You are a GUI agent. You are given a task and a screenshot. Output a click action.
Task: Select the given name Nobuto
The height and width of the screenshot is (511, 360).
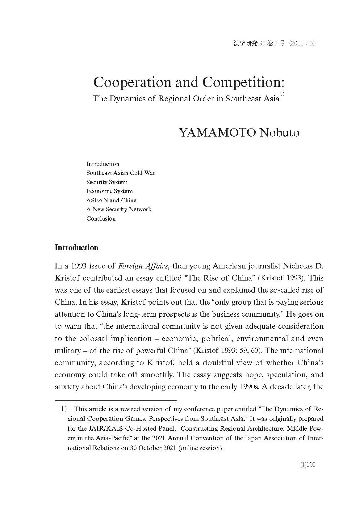click(279, 133)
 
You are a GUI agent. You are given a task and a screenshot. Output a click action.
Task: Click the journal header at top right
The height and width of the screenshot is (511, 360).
click(274, 44)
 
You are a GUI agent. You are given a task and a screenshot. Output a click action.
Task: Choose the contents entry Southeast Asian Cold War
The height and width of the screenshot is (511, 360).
click(121, 173)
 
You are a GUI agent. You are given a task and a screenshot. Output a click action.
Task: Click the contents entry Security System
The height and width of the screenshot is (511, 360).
click(107, 182)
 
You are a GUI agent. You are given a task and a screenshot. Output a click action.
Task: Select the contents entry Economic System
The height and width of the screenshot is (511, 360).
click(110, 191)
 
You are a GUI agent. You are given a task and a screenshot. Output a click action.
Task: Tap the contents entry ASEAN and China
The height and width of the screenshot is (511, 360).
click(111, 200)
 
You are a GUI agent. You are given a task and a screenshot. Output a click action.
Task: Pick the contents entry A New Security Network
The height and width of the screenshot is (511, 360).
click(119, 209)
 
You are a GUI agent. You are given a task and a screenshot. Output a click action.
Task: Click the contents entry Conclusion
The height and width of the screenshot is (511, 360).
click(101, 218)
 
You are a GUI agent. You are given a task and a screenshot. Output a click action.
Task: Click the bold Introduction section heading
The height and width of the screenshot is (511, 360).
click(76, 247)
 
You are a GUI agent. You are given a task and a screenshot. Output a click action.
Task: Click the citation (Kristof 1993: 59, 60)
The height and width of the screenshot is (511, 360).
click(227, 350)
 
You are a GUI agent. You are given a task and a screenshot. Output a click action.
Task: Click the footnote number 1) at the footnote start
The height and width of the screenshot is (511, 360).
click(64, 409)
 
